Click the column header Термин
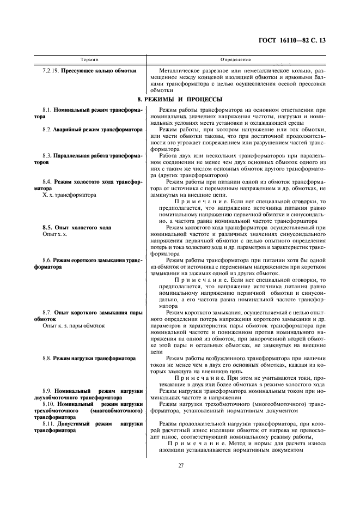(x=89, y=59)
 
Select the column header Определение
(x=235, y=59)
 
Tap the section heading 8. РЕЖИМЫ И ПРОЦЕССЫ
(x=179, y=99)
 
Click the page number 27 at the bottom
(x=180, y=465)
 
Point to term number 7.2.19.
(x=51, y=71)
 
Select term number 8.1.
(x=47, y=110)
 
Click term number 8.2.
(x=47, y=130)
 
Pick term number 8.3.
(x=47, y=156)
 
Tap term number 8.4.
(x=47, y=182)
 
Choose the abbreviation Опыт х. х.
(x=57, y=234)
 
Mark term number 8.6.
(x=47, y=260)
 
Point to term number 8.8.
(x=47, y=359)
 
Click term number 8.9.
(x=47, y=391)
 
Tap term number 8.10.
(x=48, y=404)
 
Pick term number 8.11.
(x=48, y=423)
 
